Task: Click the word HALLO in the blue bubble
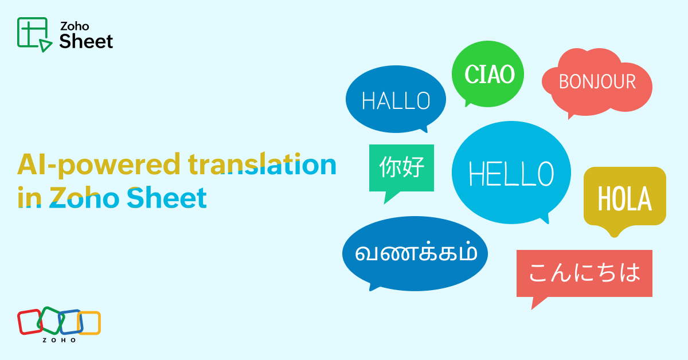click(396, 100)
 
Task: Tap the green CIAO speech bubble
click(488, 74)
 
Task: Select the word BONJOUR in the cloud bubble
click(597, 81)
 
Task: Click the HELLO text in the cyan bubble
click(511, 174)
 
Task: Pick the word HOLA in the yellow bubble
click(624, 198)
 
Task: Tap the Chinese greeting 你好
click(402, 167)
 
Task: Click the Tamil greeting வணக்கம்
click(416, 253)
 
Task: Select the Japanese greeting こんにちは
click(584, 272)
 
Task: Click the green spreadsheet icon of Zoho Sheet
click(34, 34)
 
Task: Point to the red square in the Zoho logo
click(30, 322)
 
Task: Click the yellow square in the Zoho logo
click(89, 323)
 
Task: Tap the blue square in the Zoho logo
click(71, 322)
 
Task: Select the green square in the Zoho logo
click(50, 320)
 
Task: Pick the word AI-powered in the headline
click(99, 165)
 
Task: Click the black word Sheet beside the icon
click(87, 41)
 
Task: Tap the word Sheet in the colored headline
click(167, 198)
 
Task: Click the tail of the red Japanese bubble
click(538, 303)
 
